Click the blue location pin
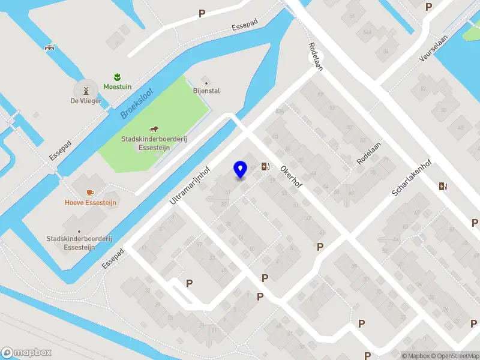[x=240, y=170]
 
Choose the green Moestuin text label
[x=117, y=86]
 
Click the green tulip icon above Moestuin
[x=117, y=76]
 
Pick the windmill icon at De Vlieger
[x=86, y=91]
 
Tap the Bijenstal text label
[x=206, y=91]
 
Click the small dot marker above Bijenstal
[x=206, y=82]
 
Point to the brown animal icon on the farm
[x=154, y=129]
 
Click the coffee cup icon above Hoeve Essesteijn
[x=90, y=193]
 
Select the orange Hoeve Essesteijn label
[x=91, y=203]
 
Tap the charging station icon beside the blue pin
[x=266, y=167]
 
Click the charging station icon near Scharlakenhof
[x=443, y=186]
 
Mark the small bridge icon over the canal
[x=49, y=47]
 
